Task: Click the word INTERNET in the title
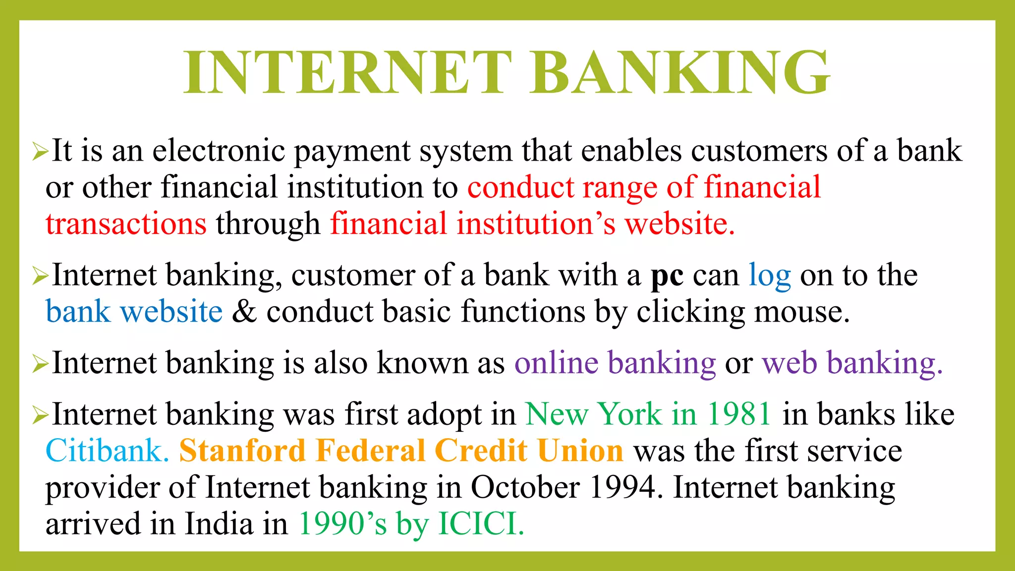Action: click(x=347, y=72)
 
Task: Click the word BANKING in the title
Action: click(x=679, y=72)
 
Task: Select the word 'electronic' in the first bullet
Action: click(x=218, y=150)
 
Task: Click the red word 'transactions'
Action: click(x=126, y=224)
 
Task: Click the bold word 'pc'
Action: click(x=667, y=276)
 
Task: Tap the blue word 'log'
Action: click(x=769, y=277)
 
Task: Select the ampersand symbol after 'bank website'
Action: click(x=244, y=312)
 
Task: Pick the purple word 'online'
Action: click(x=557, y=363)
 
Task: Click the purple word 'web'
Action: click(x=789, y=363)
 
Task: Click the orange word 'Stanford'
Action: click(x=242, y=451)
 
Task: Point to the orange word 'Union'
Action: click(x=580, y=451)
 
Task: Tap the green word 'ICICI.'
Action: click(x=481, y=524)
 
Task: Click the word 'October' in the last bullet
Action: click(x=525, y=487)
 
